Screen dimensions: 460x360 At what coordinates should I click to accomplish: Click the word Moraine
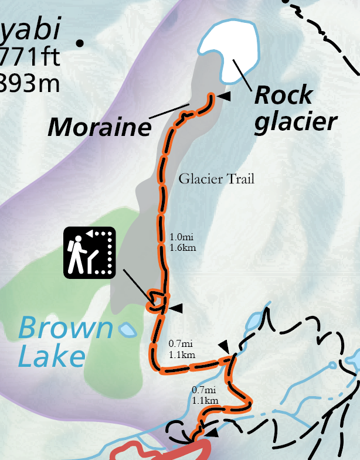99,127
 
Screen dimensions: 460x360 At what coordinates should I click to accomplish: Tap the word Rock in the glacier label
283,96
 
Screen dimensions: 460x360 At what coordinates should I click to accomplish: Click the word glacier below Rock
297,122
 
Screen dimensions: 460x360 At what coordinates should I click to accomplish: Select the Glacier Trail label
217,179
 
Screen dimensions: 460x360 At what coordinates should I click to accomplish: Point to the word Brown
65,329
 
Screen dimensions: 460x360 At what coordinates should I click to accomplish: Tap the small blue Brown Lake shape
127,329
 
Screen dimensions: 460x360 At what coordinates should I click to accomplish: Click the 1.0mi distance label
181,237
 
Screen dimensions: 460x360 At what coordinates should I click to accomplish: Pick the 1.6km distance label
182,247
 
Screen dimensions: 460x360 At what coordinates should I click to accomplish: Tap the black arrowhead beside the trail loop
177,307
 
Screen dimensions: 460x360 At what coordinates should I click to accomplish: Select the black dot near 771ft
80,42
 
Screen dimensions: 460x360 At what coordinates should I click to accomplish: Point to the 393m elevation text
29,83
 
